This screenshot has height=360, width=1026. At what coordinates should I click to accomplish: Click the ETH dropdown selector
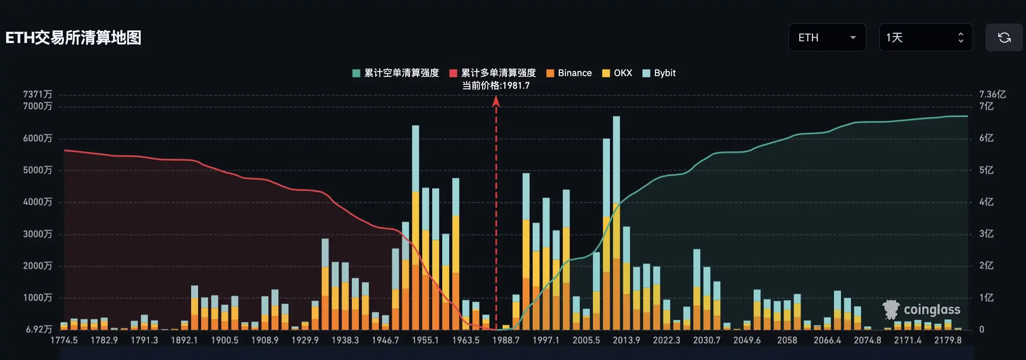point(827,38)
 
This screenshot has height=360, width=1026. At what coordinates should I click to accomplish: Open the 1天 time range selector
point(925,38)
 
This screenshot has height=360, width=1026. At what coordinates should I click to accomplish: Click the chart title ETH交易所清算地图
point(73,38)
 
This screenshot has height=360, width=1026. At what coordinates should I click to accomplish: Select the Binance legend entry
point(569,73)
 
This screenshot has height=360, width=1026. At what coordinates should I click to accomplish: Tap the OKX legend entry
point(617,73)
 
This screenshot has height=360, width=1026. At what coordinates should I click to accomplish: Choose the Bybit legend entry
point(659,73)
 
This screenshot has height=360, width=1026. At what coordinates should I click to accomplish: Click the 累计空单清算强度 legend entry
point(396,73)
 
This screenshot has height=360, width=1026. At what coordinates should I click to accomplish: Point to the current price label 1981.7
point(496,86)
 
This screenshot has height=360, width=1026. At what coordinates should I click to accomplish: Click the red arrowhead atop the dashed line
point(496,102)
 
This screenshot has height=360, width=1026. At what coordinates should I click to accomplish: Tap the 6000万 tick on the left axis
point(37,138)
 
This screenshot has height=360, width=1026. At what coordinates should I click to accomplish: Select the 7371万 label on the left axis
point(37,94)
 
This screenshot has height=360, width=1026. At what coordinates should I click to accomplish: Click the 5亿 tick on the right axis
point(986,170)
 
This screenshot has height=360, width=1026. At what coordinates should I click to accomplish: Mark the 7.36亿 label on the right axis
point(992,94)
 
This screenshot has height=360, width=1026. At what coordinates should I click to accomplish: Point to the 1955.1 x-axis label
point(425,340)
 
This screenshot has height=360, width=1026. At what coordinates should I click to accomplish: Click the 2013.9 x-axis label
point(626,340)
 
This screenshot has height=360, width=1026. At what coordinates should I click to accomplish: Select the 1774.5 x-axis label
point(64,340)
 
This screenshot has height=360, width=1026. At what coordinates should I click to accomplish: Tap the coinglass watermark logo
point(922,310)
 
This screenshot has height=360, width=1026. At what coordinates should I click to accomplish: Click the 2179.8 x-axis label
point(948,340)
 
